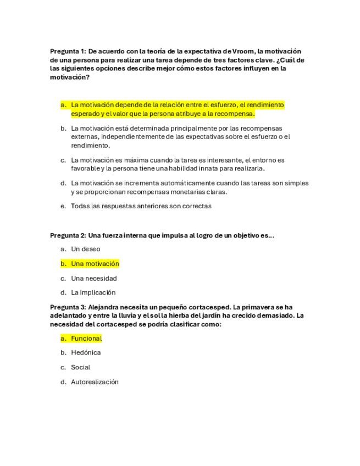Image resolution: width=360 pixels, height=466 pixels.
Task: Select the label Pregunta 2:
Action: coord(68,235)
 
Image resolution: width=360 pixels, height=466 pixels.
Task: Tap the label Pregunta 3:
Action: coord(68,307)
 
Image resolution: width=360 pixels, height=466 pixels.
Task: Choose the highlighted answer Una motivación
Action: coord(95,264)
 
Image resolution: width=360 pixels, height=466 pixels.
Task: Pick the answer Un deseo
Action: coord(86,249)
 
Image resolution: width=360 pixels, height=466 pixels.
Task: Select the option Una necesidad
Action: coord(94,278)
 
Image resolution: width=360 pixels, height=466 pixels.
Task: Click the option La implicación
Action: coord(93,292)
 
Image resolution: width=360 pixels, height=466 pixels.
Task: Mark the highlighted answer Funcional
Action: coord(86,339)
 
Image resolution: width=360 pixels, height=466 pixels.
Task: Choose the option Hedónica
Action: coord(86,352)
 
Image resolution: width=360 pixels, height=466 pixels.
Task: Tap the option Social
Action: coord(80,367)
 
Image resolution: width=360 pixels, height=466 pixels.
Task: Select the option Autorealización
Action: coord(95,382)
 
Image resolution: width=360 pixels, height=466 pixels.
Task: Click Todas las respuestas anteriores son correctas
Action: coord(141,206)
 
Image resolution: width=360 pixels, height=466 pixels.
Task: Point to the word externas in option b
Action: coord(84,137)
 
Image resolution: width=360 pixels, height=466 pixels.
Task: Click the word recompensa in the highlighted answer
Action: coord(235,114)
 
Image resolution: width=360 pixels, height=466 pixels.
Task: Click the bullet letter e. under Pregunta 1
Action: coord(64,206)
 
